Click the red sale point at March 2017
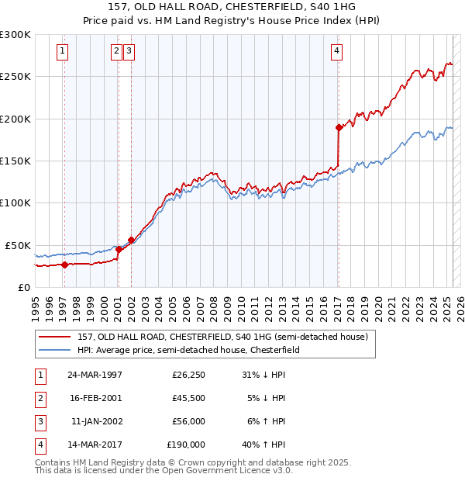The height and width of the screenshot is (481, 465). coord(339,127)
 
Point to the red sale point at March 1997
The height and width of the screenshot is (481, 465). coord(64,265)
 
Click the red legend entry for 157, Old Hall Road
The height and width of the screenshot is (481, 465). coord(226,337)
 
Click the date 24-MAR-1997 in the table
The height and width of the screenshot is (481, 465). coord(95,375)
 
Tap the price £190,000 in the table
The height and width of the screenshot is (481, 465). coord(185,445)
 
